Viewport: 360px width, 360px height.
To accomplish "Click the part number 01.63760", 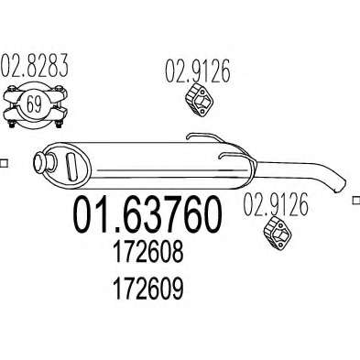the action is pos(147,214).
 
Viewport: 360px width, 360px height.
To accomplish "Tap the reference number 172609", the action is pos(148,289).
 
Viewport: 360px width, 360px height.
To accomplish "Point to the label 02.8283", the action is pos(34,65).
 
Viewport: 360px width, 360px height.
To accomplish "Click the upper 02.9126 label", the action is pos(197,71).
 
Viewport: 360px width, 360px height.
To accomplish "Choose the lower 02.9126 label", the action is pos(276,205).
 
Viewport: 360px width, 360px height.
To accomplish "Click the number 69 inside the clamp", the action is pos(34,104).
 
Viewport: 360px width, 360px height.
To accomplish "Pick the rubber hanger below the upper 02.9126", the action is pos(199,100).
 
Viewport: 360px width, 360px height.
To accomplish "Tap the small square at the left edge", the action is pos(4,163).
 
